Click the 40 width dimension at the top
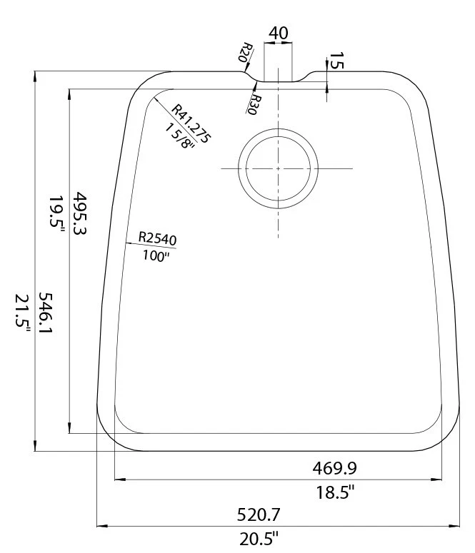click(x=279, y=34)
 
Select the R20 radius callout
click(x=245, y=53)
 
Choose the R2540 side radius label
click(x=157, y=238)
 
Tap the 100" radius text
click(x=156, y=255)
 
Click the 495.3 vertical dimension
click(x=80, y=215)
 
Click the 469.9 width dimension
click(x=334, y=468)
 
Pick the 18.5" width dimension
click(x=334, y=492)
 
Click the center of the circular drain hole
click(x=278, y=168)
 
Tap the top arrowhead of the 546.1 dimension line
click(x=35, y=75)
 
